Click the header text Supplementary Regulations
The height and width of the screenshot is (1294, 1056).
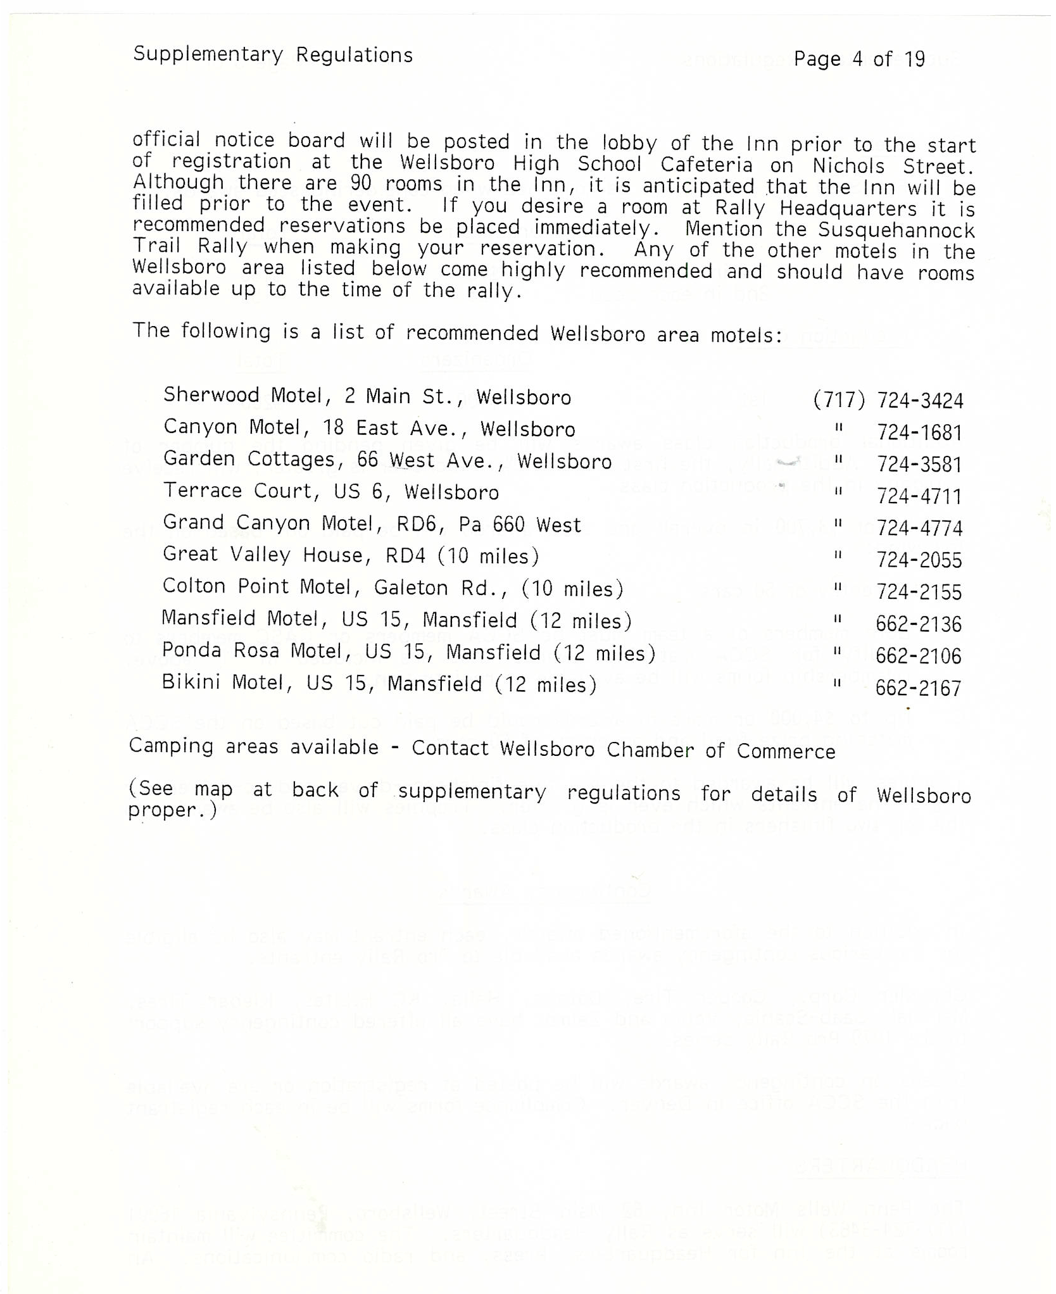tap(273, 55)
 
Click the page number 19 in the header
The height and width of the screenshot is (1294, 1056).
tap(914, 60)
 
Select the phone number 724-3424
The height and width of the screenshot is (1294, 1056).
tap(920, 401)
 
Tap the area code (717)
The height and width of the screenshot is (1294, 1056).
tap(839, 400)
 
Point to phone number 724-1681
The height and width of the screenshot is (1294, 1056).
tap(919, 433)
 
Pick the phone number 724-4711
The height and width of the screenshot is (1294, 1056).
tap(919, 496)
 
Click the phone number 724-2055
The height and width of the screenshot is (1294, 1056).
tap(919, 560)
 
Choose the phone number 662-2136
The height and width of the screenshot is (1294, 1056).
tap(919, 625)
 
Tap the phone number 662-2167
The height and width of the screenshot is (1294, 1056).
tap(918, 689)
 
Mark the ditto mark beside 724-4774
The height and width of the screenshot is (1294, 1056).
tap(838, 524)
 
